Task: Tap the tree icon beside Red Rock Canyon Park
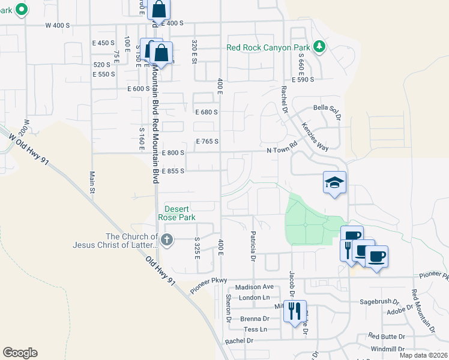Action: [320, 47]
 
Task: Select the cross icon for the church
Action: [167, 241]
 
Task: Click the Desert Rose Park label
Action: [176, 212]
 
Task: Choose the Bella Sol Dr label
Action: [327, 109]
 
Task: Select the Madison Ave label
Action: [254, 287]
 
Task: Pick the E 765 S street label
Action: [207, 142]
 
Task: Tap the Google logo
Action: [20, 353]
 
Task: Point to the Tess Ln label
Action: [255, 329]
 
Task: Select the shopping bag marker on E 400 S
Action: [159, 10]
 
